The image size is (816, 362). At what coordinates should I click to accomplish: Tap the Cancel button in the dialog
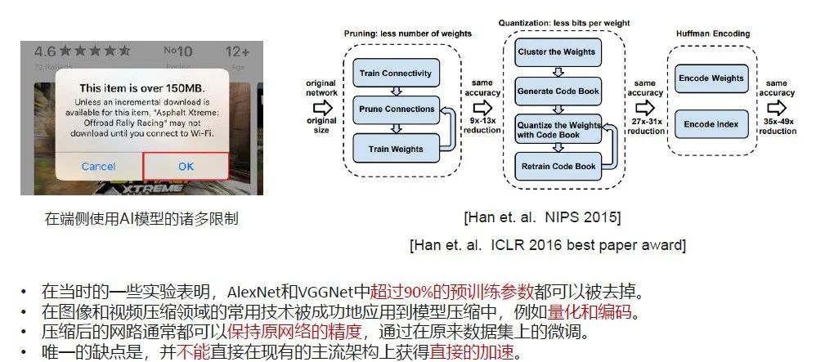[98, 166]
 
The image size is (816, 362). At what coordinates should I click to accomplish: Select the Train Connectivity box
[395, 74]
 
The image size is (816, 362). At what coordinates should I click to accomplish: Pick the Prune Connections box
[397, 109]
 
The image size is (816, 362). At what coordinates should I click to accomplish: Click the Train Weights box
[397, 149]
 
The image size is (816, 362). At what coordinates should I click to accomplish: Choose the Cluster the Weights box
[556, 52]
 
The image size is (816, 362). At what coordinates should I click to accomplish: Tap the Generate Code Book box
[556, 91]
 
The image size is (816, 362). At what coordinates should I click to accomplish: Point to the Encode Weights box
[711, 78]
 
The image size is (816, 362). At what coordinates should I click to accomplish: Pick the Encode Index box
[711, 124]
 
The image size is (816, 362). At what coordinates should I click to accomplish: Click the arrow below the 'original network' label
[321, 105]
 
